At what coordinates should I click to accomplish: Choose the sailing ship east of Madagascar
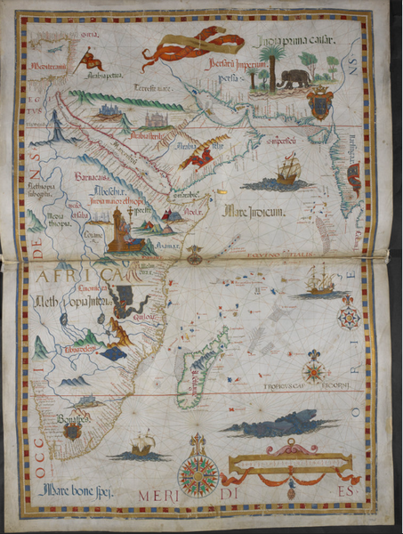(319, 279)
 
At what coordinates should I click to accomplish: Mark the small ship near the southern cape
(141, 442)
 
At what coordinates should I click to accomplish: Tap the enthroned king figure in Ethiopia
(119, 233)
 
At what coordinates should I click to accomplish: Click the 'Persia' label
(235, 78)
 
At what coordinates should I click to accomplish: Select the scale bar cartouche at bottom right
(291, 463)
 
